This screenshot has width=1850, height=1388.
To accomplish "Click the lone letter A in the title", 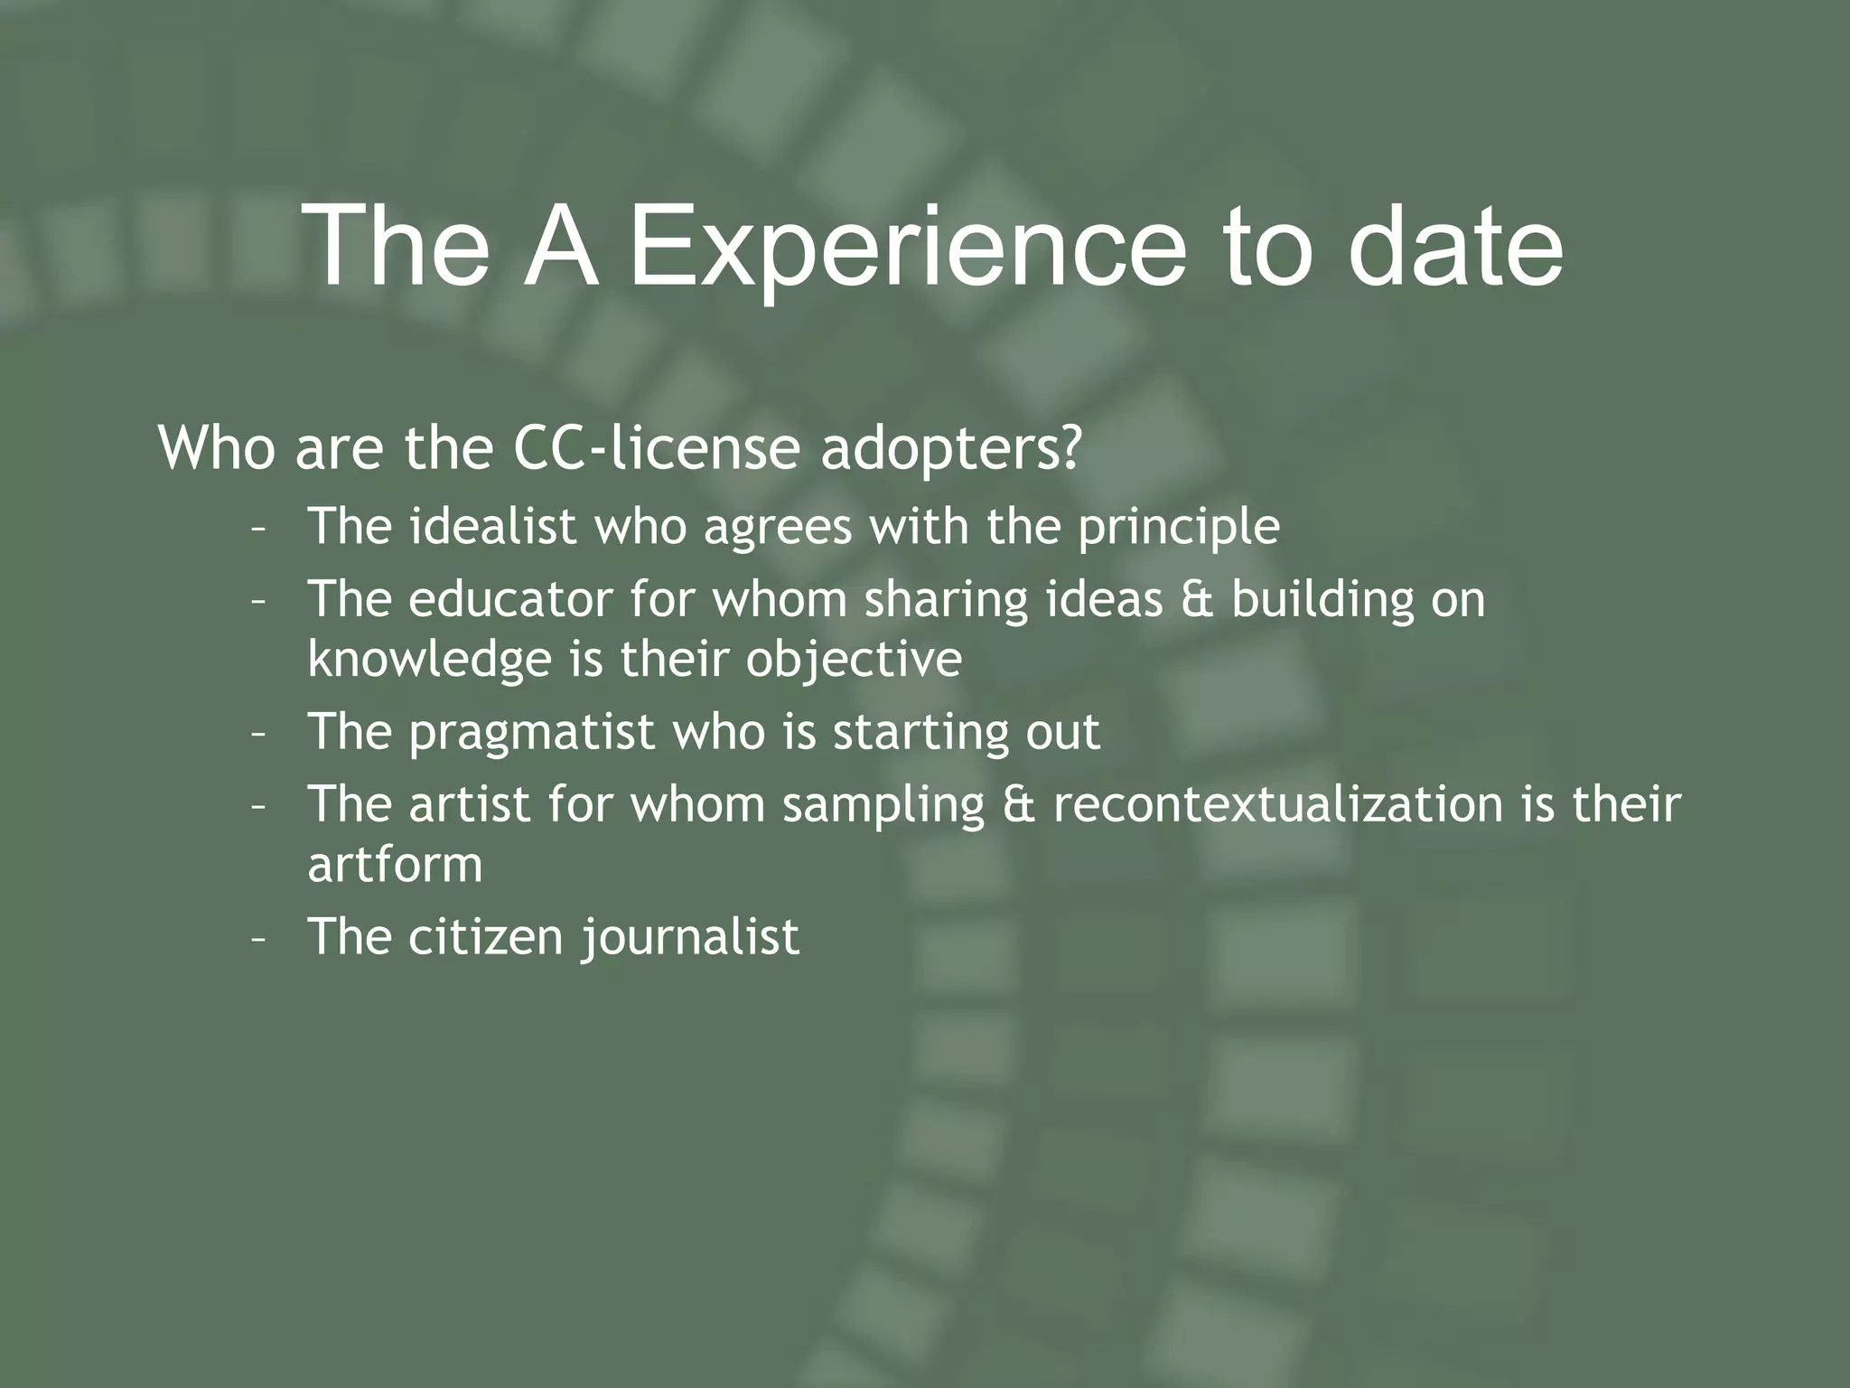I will pyautogui.click(x=562, y=247).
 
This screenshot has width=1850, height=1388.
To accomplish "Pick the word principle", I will pyautogui.click(x=1178, y=529).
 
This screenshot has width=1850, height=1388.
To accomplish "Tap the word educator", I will pyautogui.click(x=510, y=599).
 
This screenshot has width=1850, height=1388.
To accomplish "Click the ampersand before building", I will pyautogui.click(x=1198, y=600).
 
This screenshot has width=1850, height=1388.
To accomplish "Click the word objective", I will pyautogui.click(x=854, y=661).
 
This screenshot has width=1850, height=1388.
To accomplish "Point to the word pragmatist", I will pyautogui.click(x=531, y=733).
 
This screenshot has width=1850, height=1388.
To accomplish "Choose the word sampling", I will pyautogui.click(x=883, y=805).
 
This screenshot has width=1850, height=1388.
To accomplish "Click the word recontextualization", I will pyautogui.click(x=1277, y=804).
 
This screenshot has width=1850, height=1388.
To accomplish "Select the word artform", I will pyautogui.click(x=395, y=865).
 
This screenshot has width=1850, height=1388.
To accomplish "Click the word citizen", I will pyautogui.click(x=486, y=936).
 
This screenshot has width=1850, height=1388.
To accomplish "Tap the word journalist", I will pyautogui.click(x=690, y=938).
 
